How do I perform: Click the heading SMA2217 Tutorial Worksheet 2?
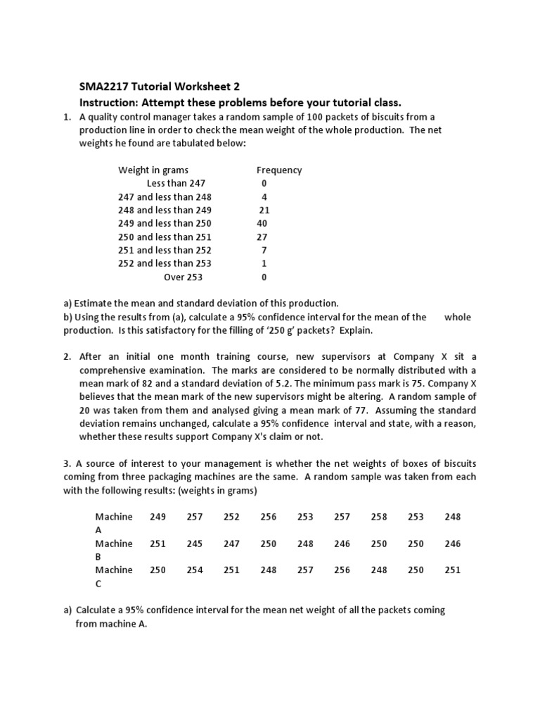point(159,87)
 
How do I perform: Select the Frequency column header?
point(279,170)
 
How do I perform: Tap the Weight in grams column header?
point(153,170)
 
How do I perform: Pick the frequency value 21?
point(264,210)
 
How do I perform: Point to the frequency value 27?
point(262,237)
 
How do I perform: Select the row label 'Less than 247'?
point(176,183)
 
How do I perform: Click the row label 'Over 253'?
point(184,277)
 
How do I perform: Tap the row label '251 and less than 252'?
point(165,250)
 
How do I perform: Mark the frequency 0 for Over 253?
point(264,277)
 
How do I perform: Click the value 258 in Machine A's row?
point(379,516)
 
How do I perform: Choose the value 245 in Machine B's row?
point(195,543)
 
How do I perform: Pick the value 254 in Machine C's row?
point(195,570)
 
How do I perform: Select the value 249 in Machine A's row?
point(158,516)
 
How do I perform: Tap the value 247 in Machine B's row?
point(231,543)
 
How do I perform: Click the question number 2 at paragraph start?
point(67,356)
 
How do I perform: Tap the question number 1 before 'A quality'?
point(67,117)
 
